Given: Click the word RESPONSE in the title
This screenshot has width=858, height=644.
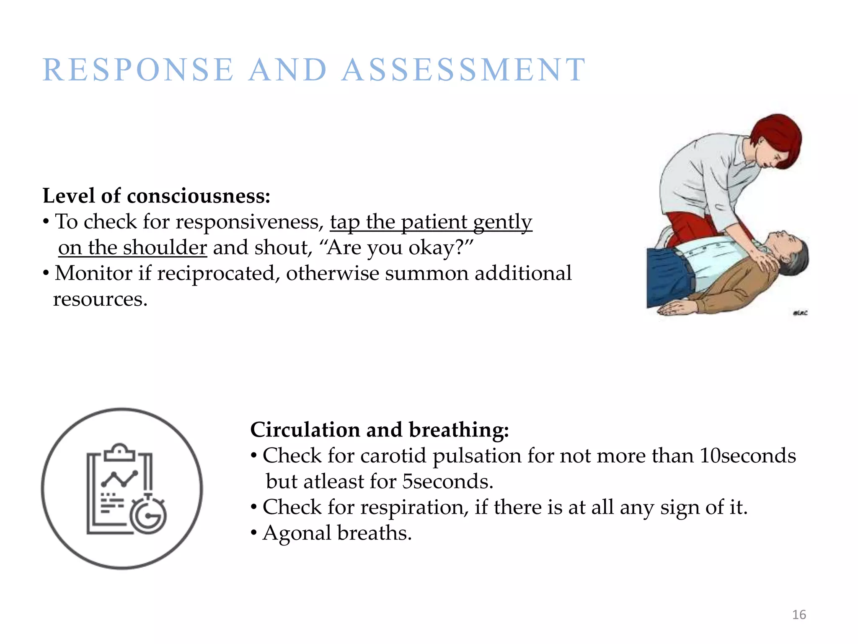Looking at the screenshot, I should click(138, 70).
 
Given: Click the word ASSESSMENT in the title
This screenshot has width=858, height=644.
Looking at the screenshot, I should click(464, 70).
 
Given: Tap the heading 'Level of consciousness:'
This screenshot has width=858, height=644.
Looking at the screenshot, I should click(156, 196).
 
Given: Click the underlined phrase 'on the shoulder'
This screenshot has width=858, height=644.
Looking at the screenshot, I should click(132, 247).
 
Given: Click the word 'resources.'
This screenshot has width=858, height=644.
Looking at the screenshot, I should click(100, 299).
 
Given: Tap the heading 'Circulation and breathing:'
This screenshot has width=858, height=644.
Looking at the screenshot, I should click(379, 430).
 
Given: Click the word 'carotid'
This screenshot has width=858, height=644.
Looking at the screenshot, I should click(393, 456).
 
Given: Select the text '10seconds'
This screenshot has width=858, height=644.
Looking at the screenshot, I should click(747, 456).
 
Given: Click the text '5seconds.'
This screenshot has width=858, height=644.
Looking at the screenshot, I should click(447, 482).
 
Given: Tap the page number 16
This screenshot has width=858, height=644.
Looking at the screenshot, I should click(799, 615).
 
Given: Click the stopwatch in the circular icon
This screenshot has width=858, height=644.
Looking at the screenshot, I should click(148, 516).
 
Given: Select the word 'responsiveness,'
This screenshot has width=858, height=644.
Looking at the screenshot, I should click(249, 222).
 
